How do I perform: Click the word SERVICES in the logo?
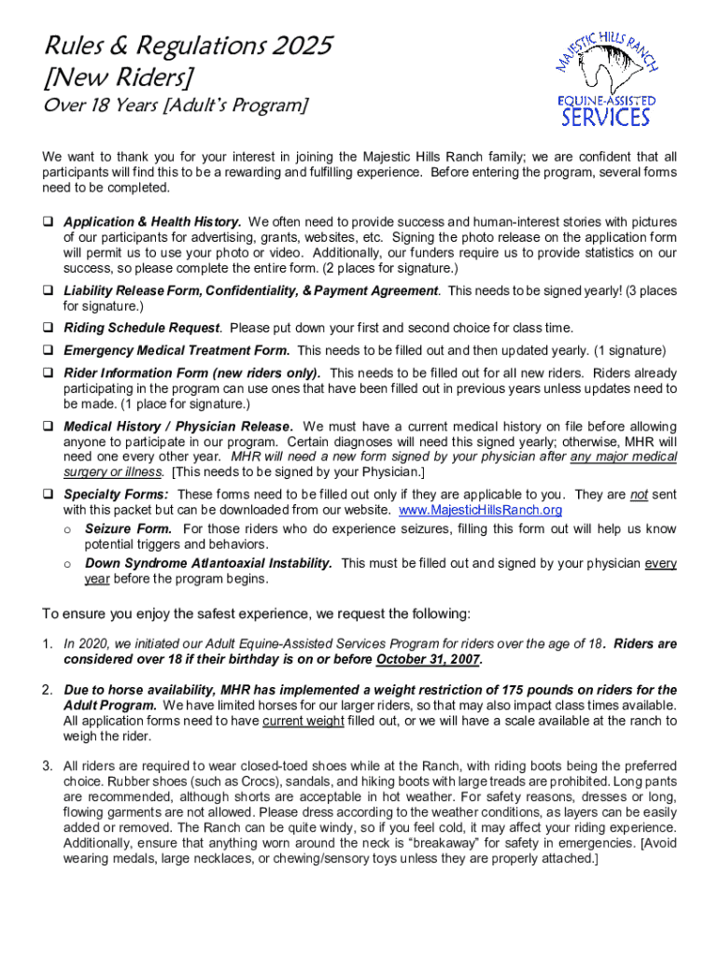click(x=604, y=117)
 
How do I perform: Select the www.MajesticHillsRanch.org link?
click(x=480, y=510)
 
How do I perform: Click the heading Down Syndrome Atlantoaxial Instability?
click(x=208, y=563)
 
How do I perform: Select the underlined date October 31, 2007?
click(x=429, y=660)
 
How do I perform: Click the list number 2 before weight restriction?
click(x=46, y=690)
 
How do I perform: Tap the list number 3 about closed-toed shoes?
click(x=46, y=766)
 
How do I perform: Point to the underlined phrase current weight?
click(x=303, y=721)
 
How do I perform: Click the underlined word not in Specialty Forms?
click(x=639, y=495)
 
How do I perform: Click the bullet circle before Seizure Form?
click(x=67, y=529)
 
